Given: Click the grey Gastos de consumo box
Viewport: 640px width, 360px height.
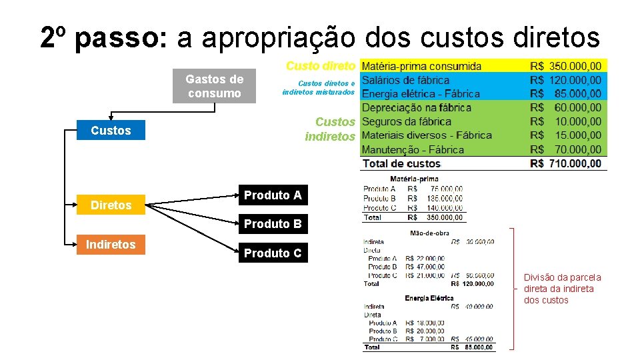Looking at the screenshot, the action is coord(214,86).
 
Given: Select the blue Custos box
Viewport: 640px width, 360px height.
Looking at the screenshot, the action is coord(111,131).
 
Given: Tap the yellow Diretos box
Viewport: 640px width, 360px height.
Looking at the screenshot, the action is coord(111,205).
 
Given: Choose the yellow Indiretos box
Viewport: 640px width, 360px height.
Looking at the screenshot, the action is coord(111,245).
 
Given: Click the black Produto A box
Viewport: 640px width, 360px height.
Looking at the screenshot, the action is coord(272,195).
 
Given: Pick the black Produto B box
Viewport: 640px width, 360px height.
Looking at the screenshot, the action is coord(272,224).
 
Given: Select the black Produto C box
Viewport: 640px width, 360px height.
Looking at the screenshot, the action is coord(272,253).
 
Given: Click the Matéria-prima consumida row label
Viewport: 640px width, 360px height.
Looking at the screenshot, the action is coord(421,66).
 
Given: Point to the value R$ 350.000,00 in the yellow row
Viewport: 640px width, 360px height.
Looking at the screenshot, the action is coord(565,66).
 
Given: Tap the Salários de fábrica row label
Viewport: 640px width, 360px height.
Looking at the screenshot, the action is coord(405,80).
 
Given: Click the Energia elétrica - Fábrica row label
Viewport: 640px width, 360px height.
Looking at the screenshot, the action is coord(421,94).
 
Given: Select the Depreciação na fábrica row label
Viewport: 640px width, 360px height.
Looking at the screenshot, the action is coord(417,108).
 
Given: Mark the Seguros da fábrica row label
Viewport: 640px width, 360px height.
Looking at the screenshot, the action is coord(407,122).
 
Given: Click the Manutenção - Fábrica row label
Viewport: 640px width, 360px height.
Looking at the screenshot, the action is coord(413,150).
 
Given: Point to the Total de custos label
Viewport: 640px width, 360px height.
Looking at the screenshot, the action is coord(401,164).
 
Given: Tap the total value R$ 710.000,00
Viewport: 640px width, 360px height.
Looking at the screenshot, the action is coord(565,164).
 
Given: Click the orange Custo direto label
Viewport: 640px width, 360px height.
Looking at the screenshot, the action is coord(320,66).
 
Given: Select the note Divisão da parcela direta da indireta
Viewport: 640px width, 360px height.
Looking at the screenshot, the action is coord(562,289).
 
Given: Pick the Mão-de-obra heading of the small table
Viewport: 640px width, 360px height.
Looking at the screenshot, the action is coord(429,233).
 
